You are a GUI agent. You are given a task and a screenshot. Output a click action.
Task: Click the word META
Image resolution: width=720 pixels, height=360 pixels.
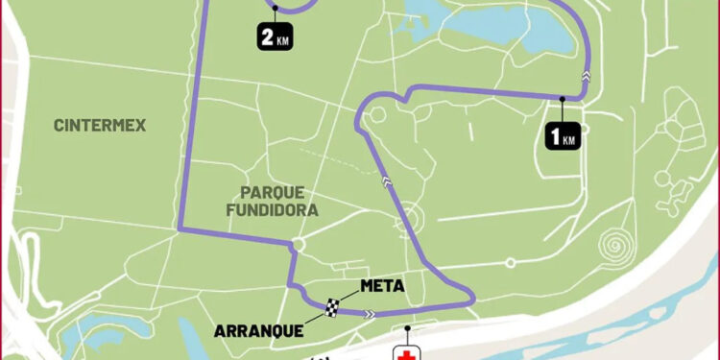(x=381, y=285)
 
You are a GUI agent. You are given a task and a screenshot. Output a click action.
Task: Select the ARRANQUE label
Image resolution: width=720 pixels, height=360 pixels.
(x=259, y=330)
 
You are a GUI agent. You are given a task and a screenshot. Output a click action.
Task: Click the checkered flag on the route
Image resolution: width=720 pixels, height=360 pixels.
(x=333, y=307)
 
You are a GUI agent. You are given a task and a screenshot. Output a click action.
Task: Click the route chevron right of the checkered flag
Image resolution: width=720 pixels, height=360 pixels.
(x=369, y=312)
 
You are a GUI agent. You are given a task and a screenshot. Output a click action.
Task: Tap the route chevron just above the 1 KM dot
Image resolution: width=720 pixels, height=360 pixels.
(x=585, y=75)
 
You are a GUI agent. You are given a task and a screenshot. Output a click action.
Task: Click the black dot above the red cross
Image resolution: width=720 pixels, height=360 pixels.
(x=407, y=329)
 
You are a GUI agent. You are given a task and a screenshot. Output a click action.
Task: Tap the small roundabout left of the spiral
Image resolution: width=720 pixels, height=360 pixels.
(x=510, y=261)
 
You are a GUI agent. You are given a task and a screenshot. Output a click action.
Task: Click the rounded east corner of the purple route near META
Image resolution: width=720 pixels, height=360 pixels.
(x=471, y=300)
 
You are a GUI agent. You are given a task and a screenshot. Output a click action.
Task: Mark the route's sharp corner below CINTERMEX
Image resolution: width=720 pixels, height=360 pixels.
(x=180, y=229)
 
